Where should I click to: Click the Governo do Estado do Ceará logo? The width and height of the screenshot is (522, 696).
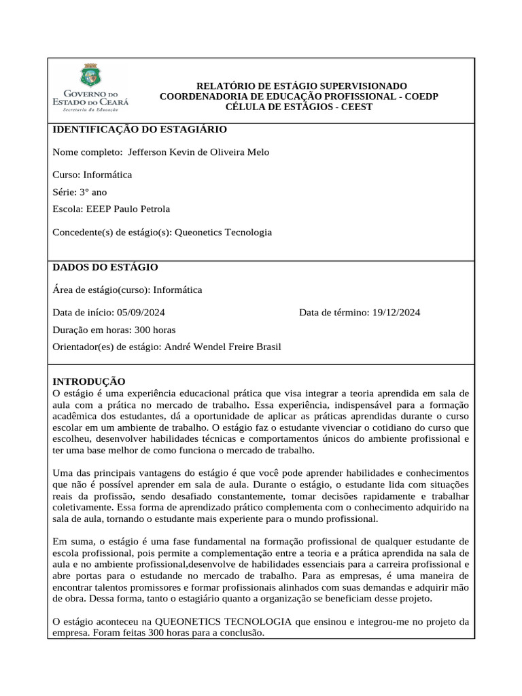(x=90, y=88)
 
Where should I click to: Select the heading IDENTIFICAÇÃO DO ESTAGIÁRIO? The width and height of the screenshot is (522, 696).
(x=139, y=129)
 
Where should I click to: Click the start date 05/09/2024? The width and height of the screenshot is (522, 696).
(x=141, y=313)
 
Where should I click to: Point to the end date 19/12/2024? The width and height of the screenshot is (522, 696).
(x=396, y=313)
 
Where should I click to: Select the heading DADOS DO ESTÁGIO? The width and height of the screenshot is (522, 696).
(x=105, y=268)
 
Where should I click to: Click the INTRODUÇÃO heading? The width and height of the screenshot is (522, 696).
(x=89, y=382)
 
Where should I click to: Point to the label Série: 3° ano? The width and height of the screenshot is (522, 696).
(x=80, y=192)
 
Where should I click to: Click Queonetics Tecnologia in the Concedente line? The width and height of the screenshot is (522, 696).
(x=223, y=232)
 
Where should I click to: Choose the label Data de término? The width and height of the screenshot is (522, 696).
(x=332, y=313)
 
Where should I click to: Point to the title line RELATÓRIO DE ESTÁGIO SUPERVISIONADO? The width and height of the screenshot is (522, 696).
(x=302, y=86)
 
